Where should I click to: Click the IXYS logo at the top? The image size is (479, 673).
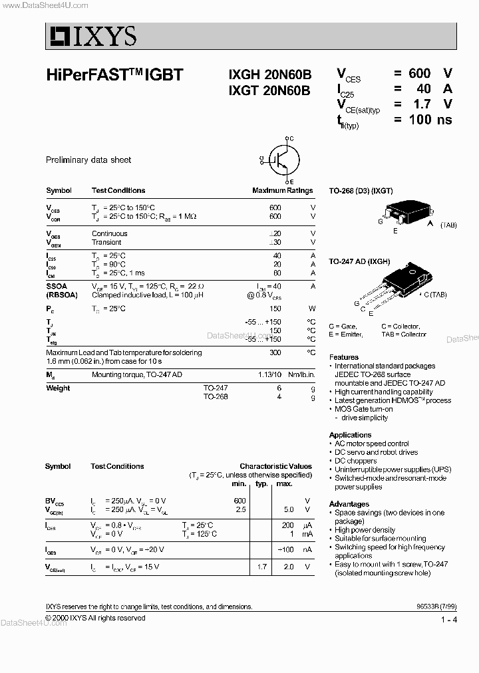tap(92, 35)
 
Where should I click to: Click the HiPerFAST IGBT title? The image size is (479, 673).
tap(114, 75)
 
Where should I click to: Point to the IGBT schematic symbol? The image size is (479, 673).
tap(278, 160)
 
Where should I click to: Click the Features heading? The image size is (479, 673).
tap(344, 357)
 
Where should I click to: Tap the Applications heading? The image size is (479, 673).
tap(350, 435)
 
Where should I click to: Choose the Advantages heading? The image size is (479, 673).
tap(349, 504)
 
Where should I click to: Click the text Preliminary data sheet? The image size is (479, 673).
tap(88, 160)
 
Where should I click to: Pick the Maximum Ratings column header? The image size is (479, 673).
tap(282, 191)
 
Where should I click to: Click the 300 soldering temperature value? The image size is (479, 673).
tap(275, 352)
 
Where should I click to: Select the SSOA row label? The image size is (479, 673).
tap(57, 285)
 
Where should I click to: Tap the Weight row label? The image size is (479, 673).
tap(58, 388)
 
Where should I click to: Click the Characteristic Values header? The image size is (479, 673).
tap(275, 466)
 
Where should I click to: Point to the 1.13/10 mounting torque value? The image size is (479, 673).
tap(269, 375)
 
